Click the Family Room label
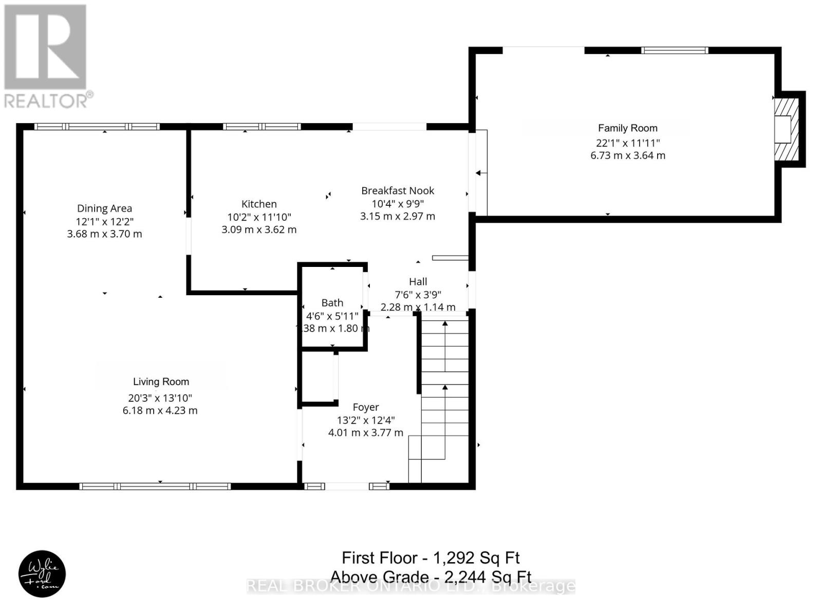coord(627,128)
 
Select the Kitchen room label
coord(259,204)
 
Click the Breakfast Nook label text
coord(398,191)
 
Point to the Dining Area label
coord(104,208)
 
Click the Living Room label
coord(161,382)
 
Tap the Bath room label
coord(332,303)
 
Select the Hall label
coord(418,282)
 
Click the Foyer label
coord(365,407)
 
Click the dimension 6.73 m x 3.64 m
coord(627,156)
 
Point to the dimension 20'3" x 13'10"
coord(161,398)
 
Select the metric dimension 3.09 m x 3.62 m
coord(259,229)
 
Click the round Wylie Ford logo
coord(42,574)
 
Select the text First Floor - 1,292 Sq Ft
coord(431,558)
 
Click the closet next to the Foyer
coord(318,377)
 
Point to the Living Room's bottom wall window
coord(155,486)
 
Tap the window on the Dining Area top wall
coord(97,126)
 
